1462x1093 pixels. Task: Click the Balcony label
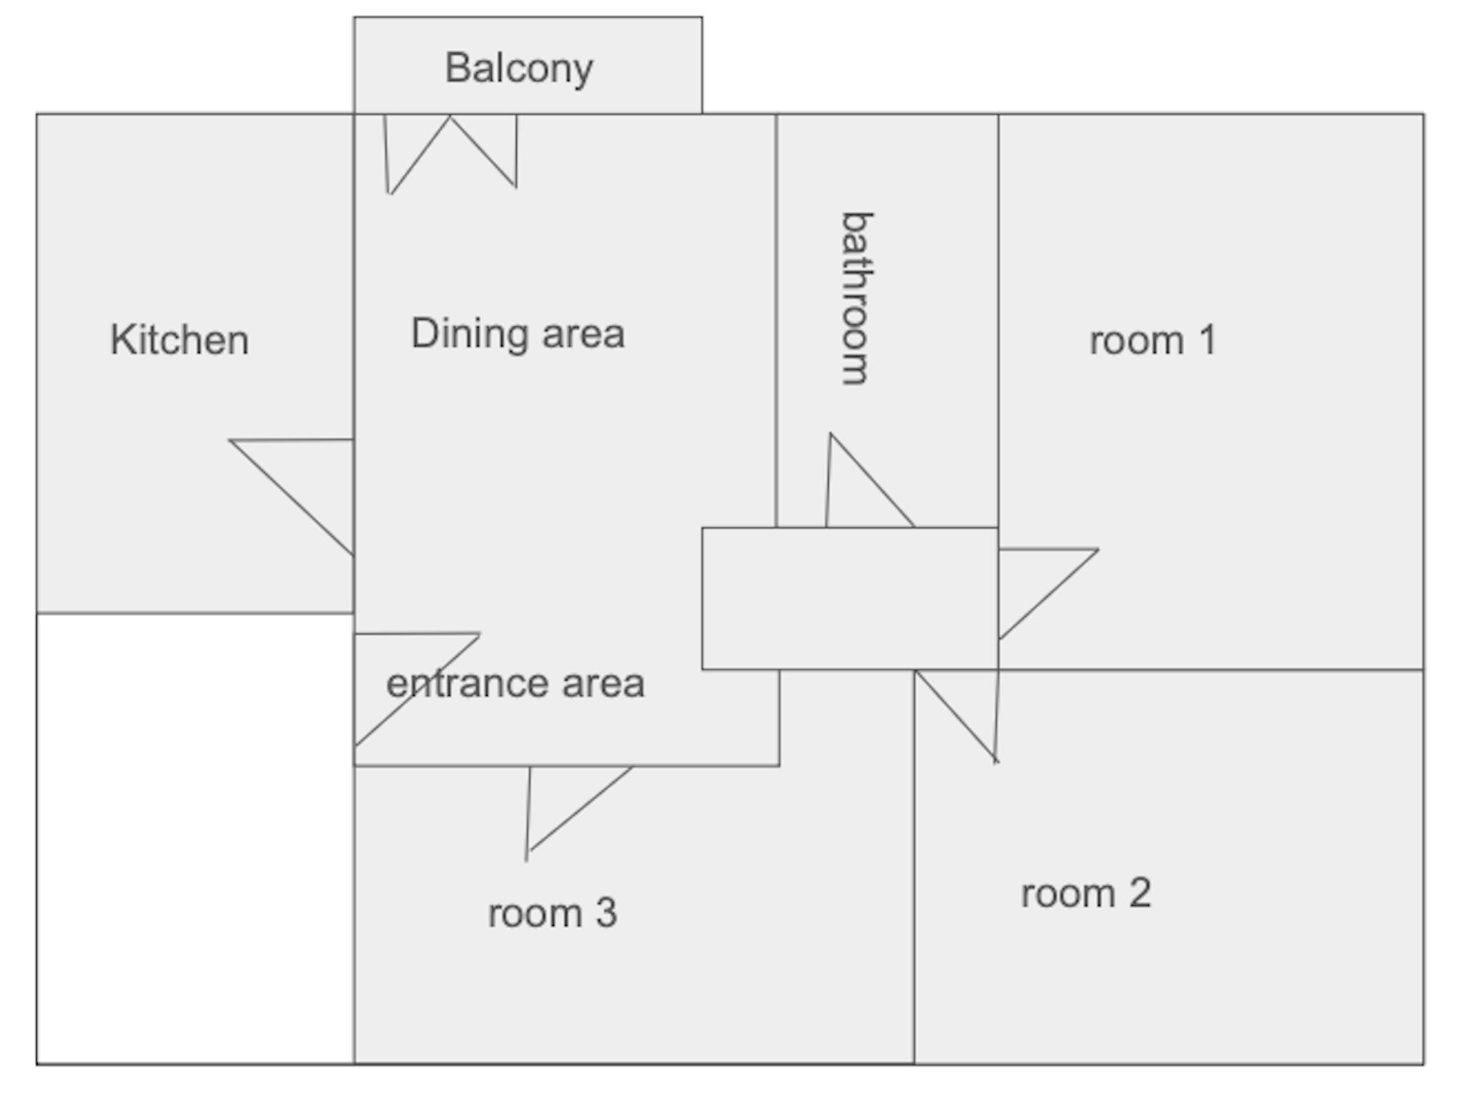pos(518,69)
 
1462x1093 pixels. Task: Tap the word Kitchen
pos(179,340)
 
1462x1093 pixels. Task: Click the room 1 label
pos(1152,340)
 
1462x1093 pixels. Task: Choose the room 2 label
pos(1086,893)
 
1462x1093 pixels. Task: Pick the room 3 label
pos(552,913)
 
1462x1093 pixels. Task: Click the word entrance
pos(467,684)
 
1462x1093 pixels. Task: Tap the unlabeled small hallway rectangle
pos(850,598)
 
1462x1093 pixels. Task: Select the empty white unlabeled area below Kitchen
pos(195,838)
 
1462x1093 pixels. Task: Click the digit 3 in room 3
pos(606,913)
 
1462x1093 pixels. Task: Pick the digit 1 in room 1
pos(1208,340)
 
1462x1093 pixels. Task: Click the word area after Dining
pos(583,334)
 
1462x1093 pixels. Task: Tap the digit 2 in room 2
pos(1140,893)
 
